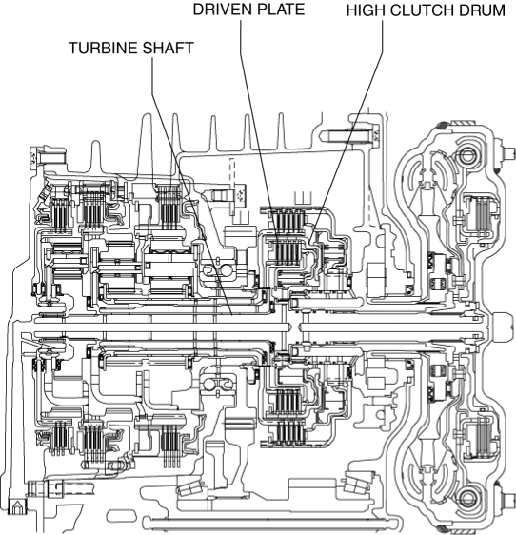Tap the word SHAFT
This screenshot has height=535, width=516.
click(x=168, y=49)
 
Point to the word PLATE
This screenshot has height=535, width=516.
click(x=280, y=10)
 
